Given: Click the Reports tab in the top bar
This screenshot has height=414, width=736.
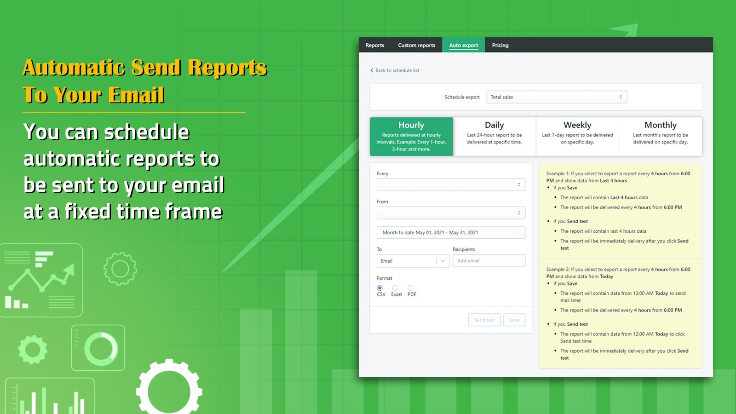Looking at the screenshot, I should pyautogui.click(x=374, y=45).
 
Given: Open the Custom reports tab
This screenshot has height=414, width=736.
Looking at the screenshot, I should pyautogui.click(x=416, y=45).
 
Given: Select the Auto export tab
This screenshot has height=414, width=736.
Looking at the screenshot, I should pyautogui.click(x=463, y=45).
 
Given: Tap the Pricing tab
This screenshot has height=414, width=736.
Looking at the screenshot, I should pyautogui.click(x=500, y=45).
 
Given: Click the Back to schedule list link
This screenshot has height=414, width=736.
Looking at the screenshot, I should pyautogui.click(x=395, y=70).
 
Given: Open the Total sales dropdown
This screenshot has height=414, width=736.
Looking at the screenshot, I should pyautogui.click(x=557, y=97).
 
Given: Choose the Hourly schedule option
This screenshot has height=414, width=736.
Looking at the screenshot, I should pyautogui.click(x=411, y=137).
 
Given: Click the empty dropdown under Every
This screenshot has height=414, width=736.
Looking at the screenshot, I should pyautogui.click(x=451, y=185).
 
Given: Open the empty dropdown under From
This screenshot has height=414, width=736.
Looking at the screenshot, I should pyautogui.click(x=451, y=213).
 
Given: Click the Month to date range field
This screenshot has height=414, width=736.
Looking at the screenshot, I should pyautogui.click(x=451, y=233).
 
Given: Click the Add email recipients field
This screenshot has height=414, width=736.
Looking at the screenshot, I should pyautogui.click(x=489, y=261).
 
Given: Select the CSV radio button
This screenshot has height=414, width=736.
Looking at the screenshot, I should pyautogui.click(x=379, y=288).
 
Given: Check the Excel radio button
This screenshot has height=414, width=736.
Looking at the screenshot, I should pyautogui.click(x=395, y=288).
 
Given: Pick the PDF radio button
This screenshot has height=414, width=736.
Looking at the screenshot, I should pyautogui.click(x=410, y=288).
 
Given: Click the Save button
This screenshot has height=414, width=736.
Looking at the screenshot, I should pyautogui.click(x=514, y=320).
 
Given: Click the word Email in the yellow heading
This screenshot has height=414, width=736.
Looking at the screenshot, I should pyautogui.click(x=136, y=95).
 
